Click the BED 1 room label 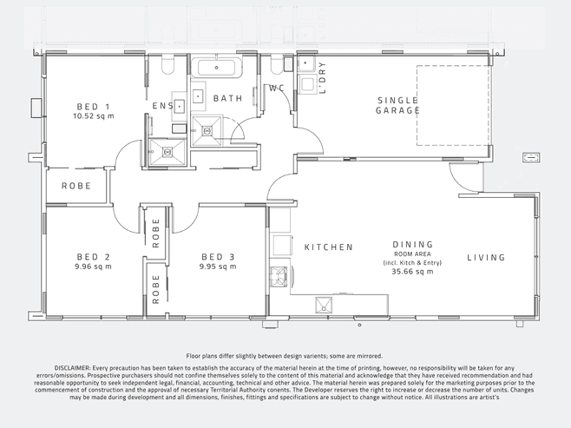tap(93, 107)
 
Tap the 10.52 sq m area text tap(93, 116)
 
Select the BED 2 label tap(93, 257)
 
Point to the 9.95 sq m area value tap(218, 267)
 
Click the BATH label tap(228, 98)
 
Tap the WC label tap(277, 89)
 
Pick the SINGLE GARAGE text tap(397, 105)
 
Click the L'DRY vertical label tap(322, 77)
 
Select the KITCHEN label tap(329, 247)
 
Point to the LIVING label tap(487, 258)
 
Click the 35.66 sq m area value tap(412, 272)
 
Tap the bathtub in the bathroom tap(216, 68)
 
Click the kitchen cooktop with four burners tap(279, 276)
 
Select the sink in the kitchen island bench tap(324, 306)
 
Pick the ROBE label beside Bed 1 tap(76, 186)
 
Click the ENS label tap(163, 106)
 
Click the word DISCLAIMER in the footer tap(72, 368)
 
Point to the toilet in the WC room tap(277, 64)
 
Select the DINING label tap(413, 245)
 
